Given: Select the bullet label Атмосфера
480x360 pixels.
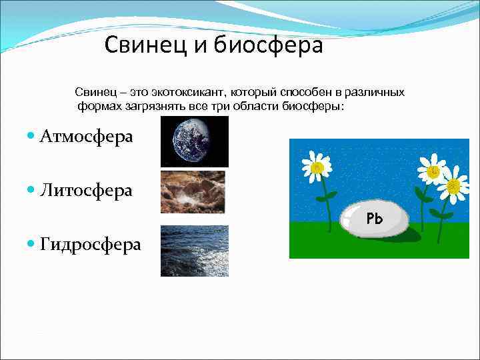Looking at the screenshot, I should pos(86,137).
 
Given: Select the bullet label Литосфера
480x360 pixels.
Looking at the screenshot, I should pos(86,191).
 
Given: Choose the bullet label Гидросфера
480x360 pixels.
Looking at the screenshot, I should pos(90,245).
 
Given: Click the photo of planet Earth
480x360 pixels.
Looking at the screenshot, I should pos(195,141).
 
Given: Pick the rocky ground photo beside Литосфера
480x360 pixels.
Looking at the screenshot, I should pos(193,191).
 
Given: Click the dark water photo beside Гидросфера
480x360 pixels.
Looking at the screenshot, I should pos(194,251).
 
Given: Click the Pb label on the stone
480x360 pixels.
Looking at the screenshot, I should pos(375,218).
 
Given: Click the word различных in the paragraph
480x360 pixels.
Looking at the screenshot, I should pos(377,91).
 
